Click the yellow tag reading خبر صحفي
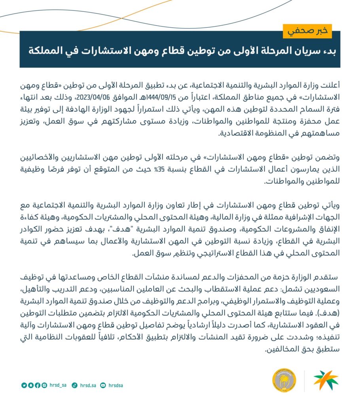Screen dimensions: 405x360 pyautogui.click(x=307, y=30)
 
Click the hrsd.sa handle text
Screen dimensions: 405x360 pyautogui.click(x=86, y=385)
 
